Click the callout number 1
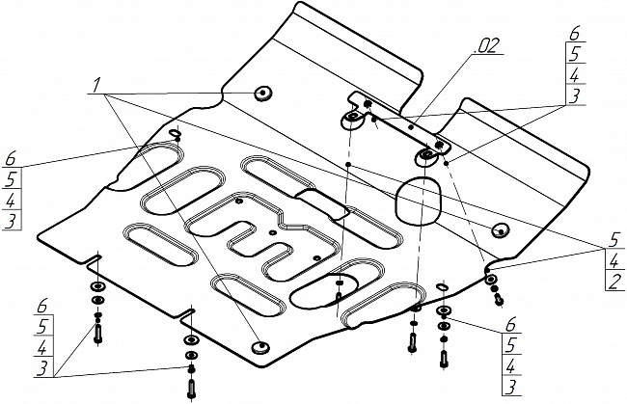(96, 88)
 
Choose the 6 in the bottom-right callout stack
(509, 327)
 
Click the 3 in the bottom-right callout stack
(509, 388)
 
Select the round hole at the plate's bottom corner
(259, 346)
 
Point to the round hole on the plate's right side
(500, 230)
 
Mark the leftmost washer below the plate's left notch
(97, 288)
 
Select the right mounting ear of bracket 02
(425, 155)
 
